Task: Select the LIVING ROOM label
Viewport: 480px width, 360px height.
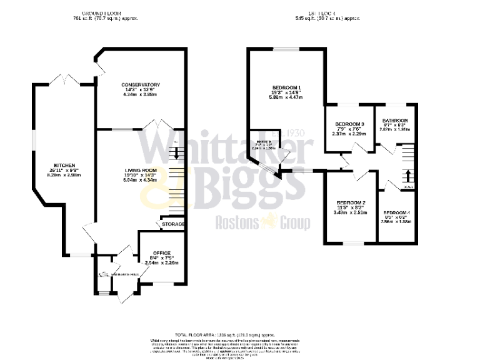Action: (x=140, y=169)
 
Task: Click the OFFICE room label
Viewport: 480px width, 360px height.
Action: (x=161, y=252)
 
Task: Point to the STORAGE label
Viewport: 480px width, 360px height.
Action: (x=173, y=224)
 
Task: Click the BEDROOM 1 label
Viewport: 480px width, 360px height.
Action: (x=287, y=87)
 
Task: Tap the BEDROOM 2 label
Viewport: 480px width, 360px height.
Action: (x=350, y=203)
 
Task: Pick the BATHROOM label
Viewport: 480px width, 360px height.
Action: (x=395, y=121)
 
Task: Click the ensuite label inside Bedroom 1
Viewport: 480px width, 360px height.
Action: (x=262, y=143)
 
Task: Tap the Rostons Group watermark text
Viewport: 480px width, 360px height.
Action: (x=262, y=222)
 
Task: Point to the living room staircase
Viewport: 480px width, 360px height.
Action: (x=179, y=181)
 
